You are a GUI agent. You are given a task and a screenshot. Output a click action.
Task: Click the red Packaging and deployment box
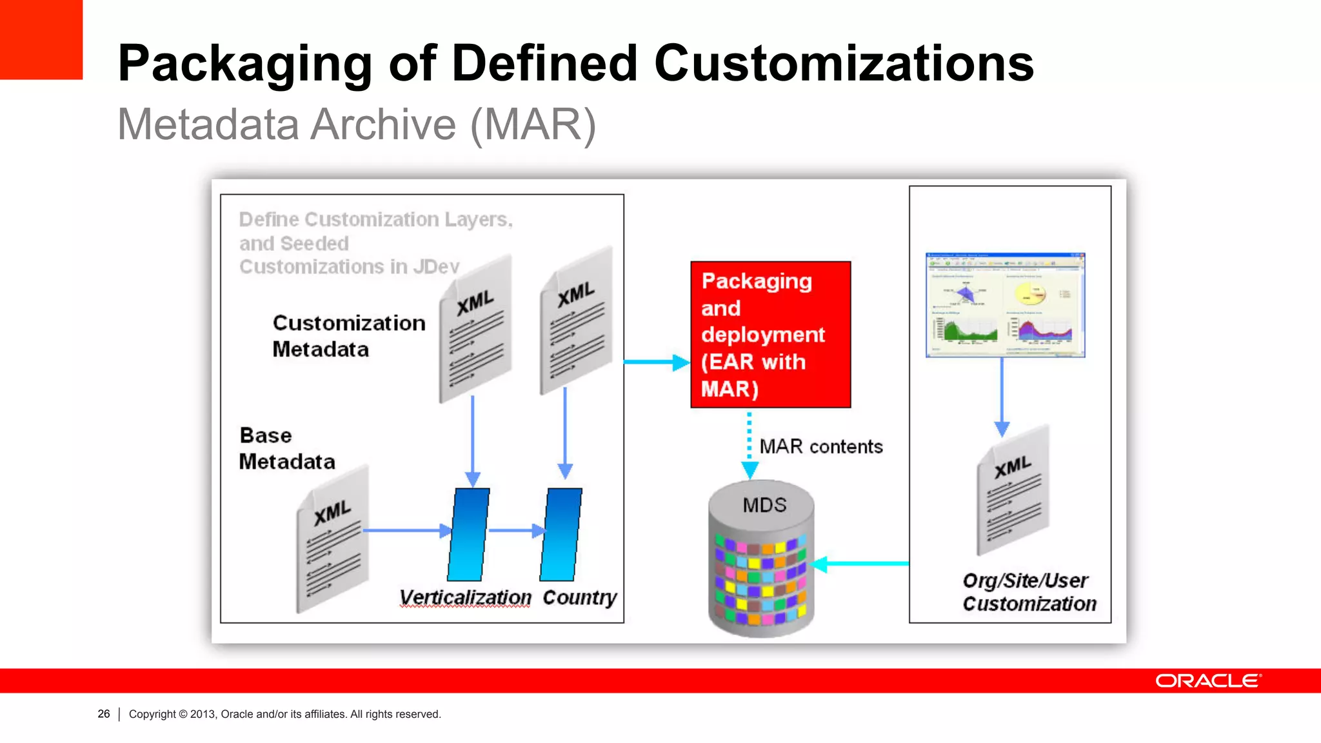click(770, 334)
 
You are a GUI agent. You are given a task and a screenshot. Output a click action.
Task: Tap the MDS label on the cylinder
click(764, 504)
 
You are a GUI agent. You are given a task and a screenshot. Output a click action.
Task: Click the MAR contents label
click(820, 446)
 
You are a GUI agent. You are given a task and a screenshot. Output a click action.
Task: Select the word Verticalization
click(465, 597)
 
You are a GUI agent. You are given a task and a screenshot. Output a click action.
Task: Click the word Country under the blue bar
click(579, 597)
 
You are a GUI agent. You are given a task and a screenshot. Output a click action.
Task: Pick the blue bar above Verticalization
click(469, 534)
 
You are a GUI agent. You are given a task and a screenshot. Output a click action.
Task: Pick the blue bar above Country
click(561, 534)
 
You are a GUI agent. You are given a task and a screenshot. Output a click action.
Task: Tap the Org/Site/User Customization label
click(1029, 592)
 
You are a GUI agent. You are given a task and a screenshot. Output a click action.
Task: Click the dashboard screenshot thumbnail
click(1005, 305)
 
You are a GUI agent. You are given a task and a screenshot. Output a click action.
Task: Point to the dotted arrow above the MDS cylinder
click(750, 445)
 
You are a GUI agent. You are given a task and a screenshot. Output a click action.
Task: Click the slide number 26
click(104, 714)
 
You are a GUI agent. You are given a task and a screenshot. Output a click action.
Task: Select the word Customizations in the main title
click(844, 63)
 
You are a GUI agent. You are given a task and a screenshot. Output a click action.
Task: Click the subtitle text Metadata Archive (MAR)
click(357, 124)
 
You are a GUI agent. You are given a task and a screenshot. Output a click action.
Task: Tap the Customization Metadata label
click(348, 335)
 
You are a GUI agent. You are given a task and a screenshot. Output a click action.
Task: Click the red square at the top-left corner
click(41, 39)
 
